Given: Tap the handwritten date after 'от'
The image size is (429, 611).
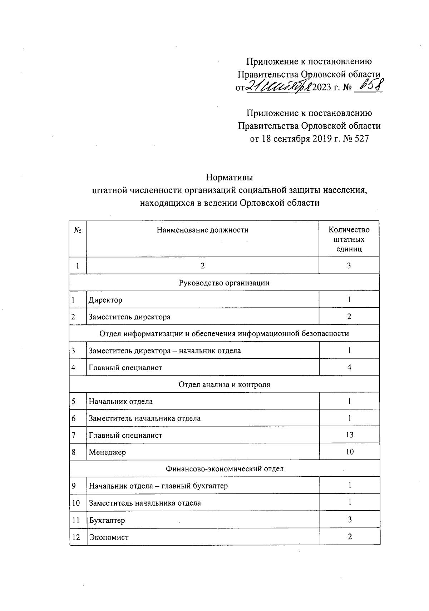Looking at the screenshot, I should click(278, 86).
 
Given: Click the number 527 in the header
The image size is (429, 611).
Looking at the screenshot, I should click(362, 139).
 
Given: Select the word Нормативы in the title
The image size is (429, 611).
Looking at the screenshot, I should click(230, 178).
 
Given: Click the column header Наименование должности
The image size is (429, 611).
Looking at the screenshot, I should click(202, 230).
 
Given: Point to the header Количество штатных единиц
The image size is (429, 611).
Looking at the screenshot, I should click(349, 239).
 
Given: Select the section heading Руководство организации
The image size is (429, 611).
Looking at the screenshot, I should click(224, 283).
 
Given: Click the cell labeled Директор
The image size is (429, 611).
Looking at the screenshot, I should click(105, 300).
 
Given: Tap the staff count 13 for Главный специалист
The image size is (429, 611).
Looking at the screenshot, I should click(349, 435).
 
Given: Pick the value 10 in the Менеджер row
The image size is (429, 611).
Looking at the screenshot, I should click(349, 452).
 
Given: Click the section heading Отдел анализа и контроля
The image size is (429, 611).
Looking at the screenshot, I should click(224, 384).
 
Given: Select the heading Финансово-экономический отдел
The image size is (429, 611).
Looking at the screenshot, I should click(225, 469).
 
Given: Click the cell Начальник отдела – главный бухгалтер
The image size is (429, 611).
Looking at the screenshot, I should click(158, 486).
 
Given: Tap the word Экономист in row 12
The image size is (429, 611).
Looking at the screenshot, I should click(109, 537).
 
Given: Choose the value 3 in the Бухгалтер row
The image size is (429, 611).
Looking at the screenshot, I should click(350, 520).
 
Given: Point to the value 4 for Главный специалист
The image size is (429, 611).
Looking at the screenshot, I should click(349, 367).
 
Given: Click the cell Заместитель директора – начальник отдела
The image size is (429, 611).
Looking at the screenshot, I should click(164, 351).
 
